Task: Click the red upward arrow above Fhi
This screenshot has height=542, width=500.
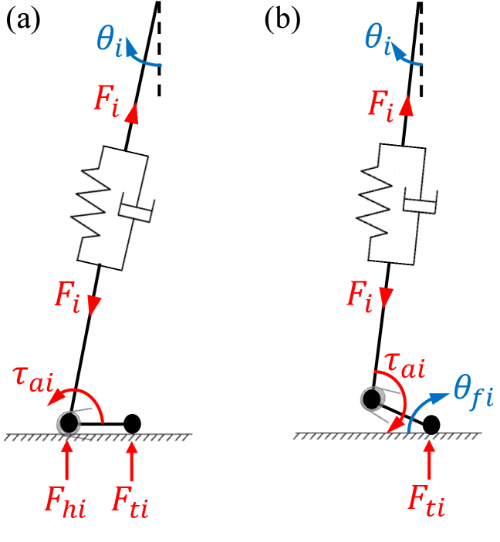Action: tap(68, 460)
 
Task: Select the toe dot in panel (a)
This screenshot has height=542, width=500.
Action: tap(133, 423)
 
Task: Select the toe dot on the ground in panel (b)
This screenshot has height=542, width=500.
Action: tap(431, 424)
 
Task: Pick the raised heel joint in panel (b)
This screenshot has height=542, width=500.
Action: tap(372, 399)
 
